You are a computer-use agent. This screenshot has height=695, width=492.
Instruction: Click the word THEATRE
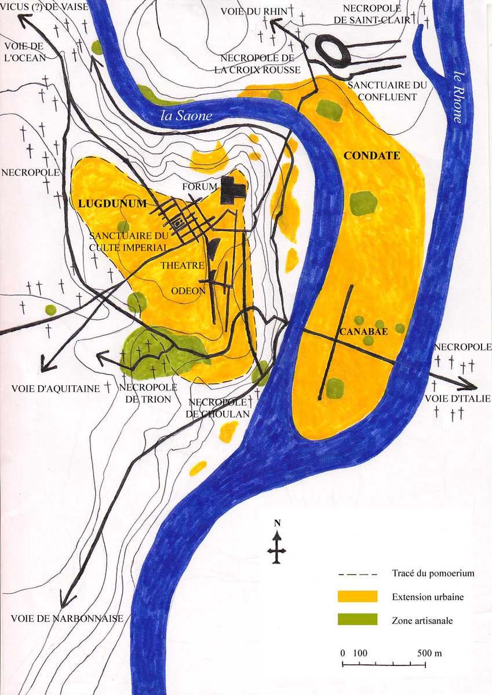coord(183,265)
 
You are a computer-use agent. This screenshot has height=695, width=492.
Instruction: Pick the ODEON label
coord(189,291)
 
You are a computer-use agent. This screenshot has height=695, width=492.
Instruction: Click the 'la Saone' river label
coord(187,116)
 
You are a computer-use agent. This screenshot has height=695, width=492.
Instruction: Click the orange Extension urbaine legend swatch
coord(357,597)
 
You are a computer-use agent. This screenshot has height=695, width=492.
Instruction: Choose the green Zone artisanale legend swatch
coord(357,619)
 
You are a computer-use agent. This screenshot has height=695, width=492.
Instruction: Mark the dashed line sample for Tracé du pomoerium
coord(357,574)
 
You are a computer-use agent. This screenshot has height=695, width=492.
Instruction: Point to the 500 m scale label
coord(429,653)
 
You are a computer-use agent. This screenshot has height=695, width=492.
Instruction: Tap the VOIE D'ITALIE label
coord(458,398)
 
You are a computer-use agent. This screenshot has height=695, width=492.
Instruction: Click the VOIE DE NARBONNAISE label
coord(67,619)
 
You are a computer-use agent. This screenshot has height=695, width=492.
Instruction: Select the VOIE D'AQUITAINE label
coord(56,389)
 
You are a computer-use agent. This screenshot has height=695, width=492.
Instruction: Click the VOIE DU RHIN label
coord(250,12)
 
